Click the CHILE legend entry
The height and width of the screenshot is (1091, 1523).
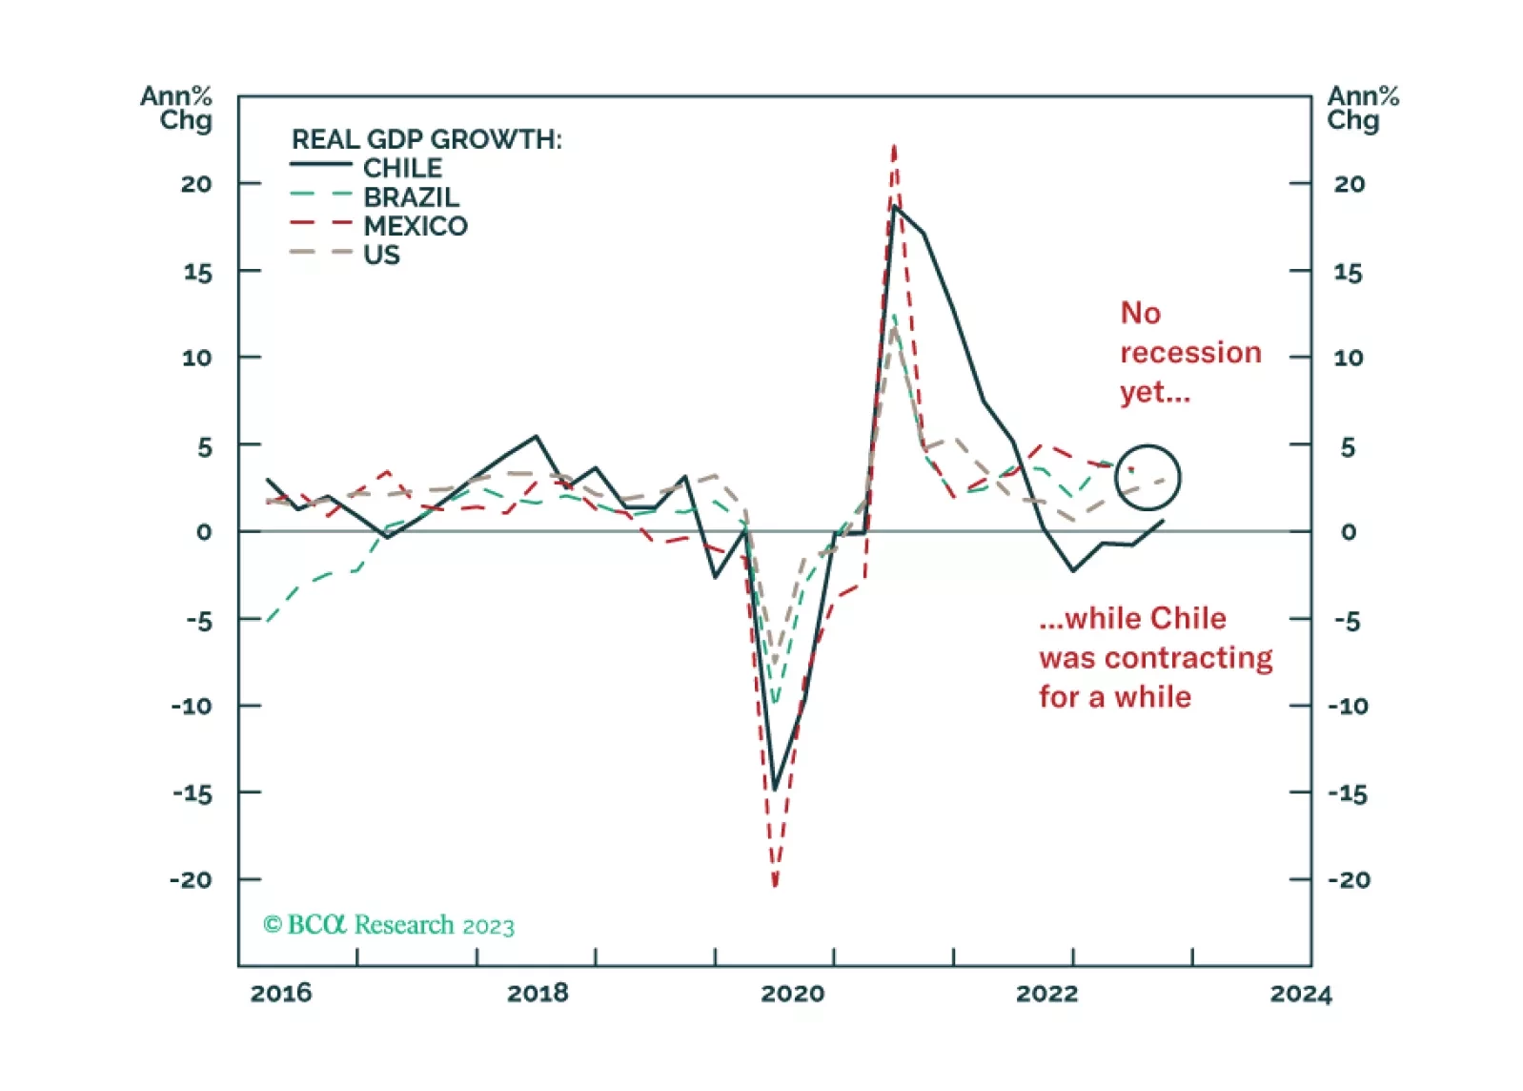tap(402, 168)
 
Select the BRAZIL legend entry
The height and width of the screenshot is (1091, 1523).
tap(411, 197)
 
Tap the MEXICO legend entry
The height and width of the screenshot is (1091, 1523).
tap(416, 226)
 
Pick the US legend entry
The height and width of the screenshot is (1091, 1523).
tap(381, 255)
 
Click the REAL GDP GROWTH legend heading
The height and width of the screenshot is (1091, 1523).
tap(426, 139)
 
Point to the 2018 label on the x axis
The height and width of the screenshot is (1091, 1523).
tap(538, 994)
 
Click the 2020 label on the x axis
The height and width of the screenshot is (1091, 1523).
tap(792, 994)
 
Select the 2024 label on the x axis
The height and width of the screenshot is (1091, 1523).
tap(1300, 994)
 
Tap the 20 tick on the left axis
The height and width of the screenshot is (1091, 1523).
tap(196, 184)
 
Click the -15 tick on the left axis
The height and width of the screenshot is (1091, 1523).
tap(192, 793)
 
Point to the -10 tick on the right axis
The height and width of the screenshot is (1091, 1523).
tap(1348, 707)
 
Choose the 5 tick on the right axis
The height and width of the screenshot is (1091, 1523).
tap(1347, 446)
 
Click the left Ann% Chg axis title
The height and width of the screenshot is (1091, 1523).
tap(176, 108)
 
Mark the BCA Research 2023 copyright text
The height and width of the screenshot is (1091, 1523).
tap(389, 925)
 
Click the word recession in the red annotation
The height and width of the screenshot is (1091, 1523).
tap(1189, 353)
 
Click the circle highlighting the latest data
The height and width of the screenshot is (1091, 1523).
tap(1147, 477)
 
